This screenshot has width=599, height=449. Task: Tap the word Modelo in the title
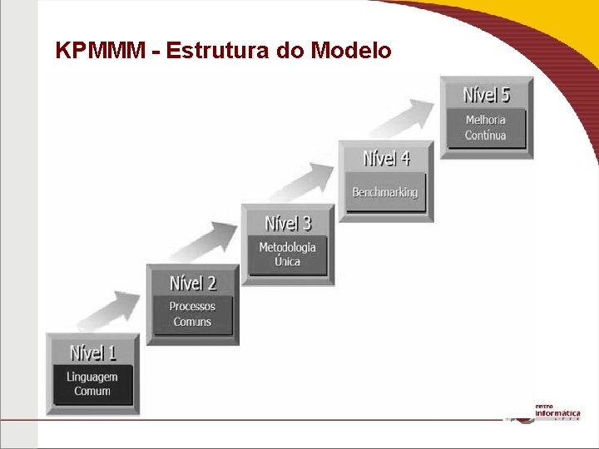(350, 51)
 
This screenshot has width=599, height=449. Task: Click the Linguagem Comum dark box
(92, 384)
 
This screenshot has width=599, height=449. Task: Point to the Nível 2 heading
(192, 283)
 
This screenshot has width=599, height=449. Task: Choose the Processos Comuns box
(192, 314)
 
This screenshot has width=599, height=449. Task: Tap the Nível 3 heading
(288, 223)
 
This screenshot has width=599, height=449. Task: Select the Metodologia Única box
(288, 254)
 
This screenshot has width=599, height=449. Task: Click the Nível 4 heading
(386, 157)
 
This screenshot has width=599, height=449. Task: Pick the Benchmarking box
(385, 193)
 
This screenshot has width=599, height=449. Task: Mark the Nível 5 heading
(486, 94)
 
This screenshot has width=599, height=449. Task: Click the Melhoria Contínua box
(486, 127)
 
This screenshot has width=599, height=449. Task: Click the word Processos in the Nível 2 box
(192, 306)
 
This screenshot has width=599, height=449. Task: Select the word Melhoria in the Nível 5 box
(486, 120)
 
